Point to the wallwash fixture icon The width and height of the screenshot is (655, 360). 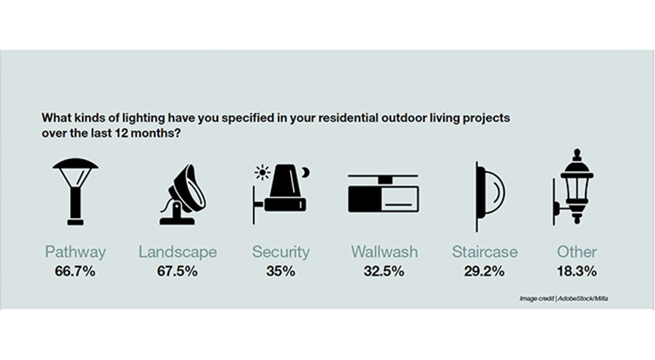click(383, 194)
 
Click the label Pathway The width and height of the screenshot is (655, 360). click(75, 252)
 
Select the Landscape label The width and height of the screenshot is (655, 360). click(178, 252)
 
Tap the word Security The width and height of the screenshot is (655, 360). click(280, 252)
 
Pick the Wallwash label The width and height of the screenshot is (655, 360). click(383, 252)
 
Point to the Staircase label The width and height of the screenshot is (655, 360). click(485, 252)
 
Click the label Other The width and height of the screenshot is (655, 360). click(577, 252)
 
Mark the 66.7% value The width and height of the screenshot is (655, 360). click(75, 271)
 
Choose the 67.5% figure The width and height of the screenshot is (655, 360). click(178, 271)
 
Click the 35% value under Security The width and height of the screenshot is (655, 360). click(280, 271)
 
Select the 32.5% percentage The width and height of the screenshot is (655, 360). click(383, 271)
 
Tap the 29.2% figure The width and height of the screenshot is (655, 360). click(485, 271)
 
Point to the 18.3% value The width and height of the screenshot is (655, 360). click(577, 271)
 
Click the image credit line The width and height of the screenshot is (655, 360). click(562, 298)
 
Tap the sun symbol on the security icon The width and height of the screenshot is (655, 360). click(263, 173)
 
